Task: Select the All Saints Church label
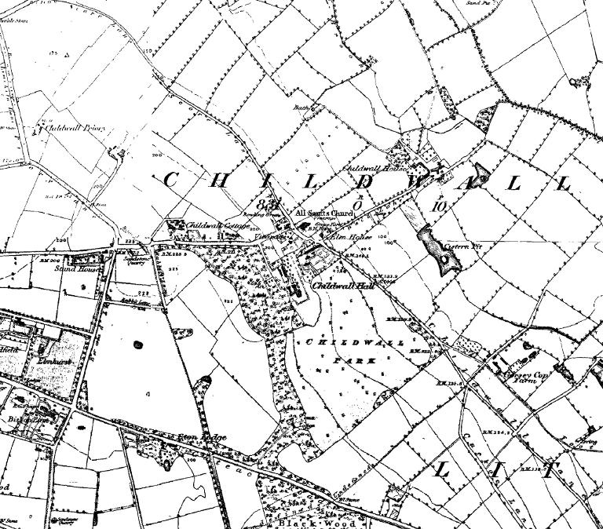(x=324, y=213)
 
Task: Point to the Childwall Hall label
(x=344, y=287)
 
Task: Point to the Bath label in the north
(x=303, y=108)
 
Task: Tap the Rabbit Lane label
(x=133, y=301)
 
